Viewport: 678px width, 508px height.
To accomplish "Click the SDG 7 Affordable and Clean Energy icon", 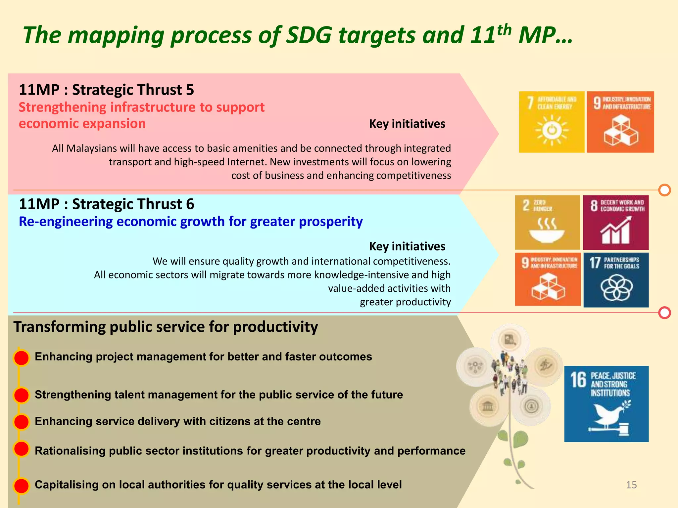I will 551,122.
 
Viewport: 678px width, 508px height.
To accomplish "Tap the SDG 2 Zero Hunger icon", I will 547,222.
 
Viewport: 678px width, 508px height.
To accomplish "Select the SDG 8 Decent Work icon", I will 615,222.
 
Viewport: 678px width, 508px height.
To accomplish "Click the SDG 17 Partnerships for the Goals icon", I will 616,280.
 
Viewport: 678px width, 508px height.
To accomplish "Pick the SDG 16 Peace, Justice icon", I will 606,404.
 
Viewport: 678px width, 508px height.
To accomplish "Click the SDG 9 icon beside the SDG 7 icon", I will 620,122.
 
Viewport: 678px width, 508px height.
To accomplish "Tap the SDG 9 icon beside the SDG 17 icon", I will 548,279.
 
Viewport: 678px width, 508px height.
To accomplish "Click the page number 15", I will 631,485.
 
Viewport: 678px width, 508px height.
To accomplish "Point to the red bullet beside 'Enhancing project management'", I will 22,358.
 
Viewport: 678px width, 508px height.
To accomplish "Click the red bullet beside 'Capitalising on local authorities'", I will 22,486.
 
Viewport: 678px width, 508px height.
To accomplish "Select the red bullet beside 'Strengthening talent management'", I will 22,395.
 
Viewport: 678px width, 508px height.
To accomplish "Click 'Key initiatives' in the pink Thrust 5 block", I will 407,124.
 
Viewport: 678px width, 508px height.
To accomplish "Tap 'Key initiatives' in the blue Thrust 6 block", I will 407,246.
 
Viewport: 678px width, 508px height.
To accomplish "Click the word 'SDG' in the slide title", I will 309,35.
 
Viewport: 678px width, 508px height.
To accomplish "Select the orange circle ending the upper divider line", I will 664,190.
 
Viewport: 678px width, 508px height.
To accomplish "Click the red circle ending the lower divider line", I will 664,313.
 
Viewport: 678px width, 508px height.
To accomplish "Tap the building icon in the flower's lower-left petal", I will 487,406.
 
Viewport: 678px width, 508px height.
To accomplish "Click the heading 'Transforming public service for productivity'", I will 166,327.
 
